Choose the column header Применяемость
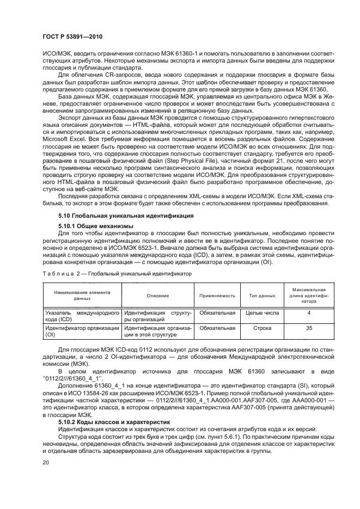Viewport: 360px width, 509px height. pyautogui.click(x=217, y=296)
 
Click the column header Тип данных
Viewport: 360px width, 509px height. pyautogui.click(x=262, y=296)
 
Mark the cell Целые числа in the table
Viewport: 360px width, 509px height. pyautogui.click(x=263, y=314)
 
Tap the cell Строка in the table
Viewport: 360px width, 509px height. pyautogui.click(x=263, y=328)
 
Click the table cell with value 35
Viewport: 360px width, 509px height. pyautogui.click(x=309, y=328)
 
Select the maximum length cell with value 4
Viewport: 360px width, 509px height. pyautogui.click(x=309, y=314)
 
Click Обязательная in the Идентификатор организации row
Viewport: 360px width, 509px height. pyautogui.click(x=217, y=328)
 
